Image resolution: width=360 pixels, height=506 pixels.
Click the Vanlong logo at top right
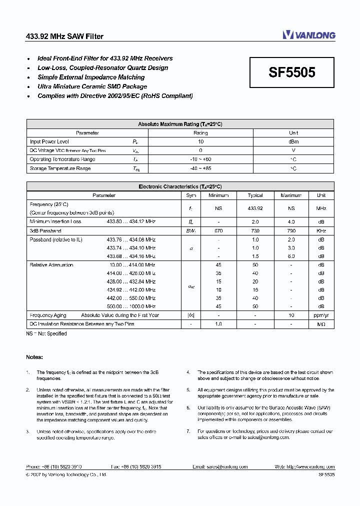click(308, 34)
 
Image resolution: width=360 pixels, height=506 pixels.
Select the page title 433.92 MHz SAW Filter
click(64, 36)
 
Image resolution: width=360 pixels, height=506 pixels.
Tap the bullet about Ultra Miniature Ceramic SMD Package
click(92, 86)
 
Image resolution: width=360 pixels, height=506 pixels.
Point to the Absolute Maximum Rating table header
click(179, 124)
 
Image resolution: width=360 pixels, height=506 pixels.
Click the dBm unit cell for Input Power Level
click(293, 142)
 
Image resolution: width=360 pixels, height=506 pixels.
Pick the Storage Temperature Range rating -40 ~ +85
click(200, 169)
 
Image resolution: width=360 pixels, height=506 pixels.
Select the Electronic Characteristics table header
click(179, 186)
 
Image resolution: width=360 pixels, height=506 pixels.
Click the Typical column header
click(255, 195)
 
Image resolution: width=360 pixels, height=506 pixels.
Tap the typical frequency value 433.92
click(255, 208)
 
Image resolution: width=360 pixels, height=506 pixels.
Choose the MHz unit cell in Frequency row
click(321, 208)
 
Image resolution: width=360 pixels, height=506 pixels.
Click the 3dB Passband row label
click(45, 231)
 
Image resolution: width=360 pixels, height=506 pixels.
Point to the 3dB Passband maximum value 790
click(291, 231)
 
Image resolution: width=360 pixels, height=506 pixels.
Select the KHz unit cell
click(321, 231)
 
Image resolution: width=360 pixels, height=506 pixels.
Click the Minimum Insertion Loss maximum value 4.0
click(291, 221)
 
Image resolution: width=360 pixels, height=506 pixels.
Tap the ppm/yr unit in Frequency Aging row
click(321, 315)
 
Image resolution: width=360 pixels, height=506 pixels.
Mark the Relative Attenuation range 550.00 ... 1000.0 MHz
click(131, 306)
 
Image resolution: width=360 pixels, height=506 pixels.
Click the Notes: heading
click(34, 357)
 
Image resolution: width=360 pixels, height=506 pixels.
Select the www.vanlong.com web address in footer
click(315, 467)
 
